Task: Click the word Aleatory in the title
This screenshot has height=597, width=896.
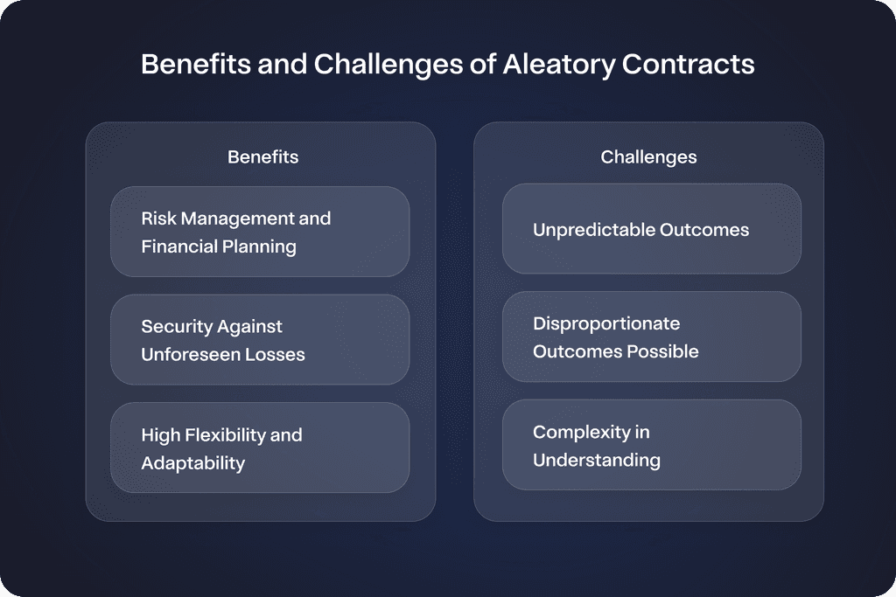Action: tap(557, 66)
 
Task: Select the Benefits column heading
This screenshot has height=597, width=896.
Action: tap(262, 157)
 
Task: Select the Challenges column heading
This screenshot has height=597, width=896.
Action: tap(648, 157)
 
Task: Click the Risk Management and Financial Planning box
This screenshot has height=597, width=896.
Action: tap(260, 232)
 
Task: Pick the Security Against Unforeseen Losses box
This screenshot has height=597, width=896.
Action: tap(260, 340)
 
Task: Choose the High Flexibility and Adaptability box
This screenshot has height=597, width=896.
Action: tap(260, 448)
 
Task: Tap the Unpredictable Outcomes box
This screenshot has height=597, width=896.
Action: tap(651, 229)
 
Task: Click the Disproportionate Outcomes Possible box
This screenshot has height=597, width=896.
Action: tap(651, 337)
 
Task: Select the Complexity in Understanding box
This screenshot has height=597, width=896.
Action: tap(651, 445)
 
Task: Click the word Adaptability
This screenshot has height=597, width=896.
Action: tap(192, 463)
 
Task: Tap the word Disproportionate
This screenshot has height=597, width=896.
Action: tap(606, 323)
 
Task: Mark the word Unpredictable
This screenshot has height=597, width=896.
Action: tap(593, 230)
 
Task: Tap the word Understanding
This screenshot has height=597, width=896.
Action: tap(597, 460)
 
